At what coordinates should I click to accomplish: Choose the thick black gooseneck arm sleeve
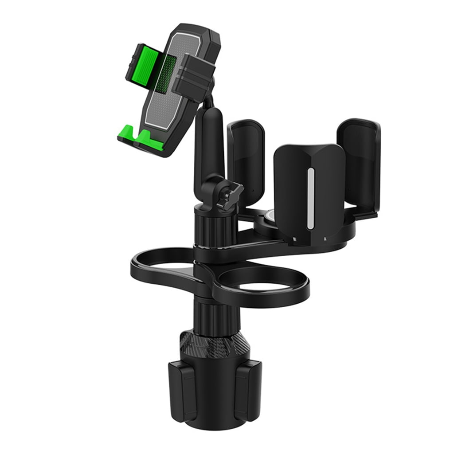tap(207, 142)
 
